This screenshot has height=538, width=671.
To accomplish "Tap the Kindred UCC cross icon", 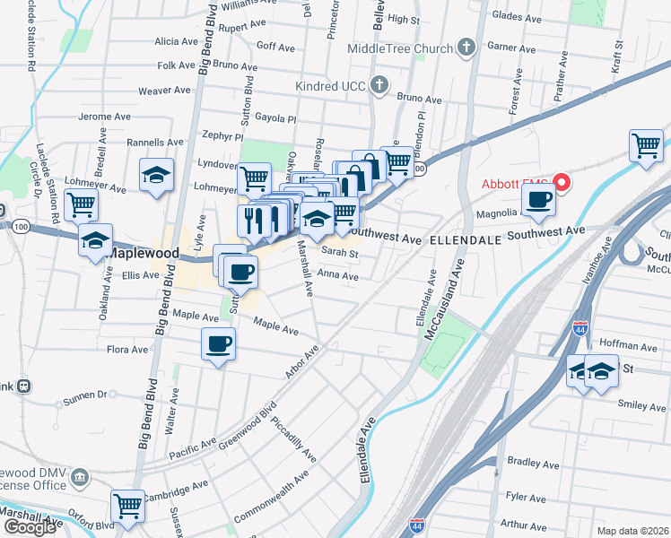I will click(379, 86).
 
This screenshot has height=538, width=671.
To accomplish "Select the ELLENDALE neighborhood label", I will click(466, 241).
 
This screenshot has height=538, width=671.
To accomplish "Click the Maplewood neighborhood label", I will click(141, 254).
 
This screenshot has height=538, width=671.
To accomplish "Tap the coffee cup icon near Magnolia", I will click(538, 200).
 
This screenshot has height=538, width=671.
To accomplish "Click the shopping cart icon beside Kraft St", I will click(646, 145).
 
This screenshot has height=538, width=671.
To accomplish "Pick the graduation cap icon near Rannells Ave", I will click(156, 175).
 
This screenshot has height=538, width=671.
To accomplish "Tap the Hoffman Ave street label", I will click(629, 346).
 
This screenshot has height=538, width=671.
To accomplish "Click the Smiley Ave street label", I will click(641, 405).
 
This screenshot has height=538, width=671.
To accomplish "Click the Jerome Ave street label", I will click(105, 117).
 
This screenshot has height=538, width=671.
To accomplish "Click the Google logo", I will click(30, 527).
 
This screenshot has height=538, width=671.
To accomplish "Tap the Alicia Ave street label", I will click(176, 41).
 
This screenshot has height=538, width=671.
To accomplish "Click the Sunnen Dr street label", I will click(83, 394).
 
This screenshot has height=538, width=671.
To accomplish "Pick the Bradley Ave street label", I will click(534, 463).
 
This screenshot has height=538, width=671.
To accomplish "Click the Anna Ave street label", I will click(337, 277).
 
